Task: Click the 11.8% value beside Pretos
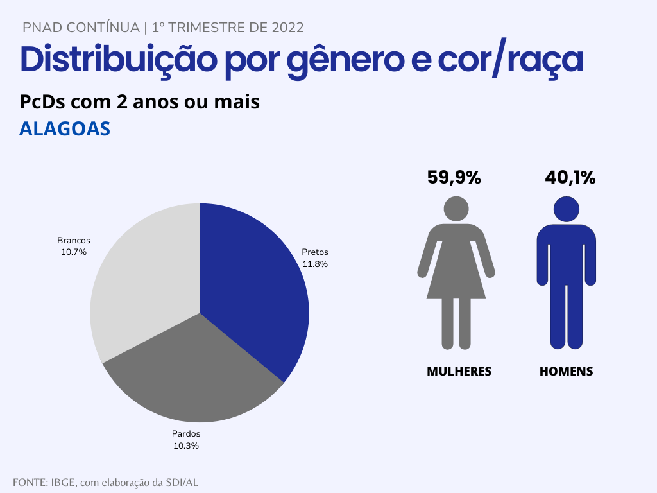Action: point(315,264)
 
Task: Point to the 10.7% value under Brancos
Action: point(74,252)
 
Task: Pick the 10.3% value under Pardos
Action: point(186,445)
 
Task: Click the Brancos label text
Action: point(74,241)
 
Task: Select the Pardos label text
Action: point(186,434)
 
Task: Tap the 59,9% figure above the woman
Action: point(454,178)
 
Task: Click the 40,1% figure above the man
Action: point(570,178)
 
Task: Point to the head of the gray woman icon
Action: point(456,209)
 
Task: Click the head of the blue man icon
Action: point(567,209)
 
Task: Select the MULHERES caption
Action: point(459,371)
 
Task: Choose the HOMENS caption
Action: point(567,371)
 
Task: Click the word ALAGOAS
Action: point(65,128)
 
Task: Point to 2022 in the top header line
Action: point(287,28)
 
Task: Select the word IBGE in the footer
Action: point(63,482)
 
